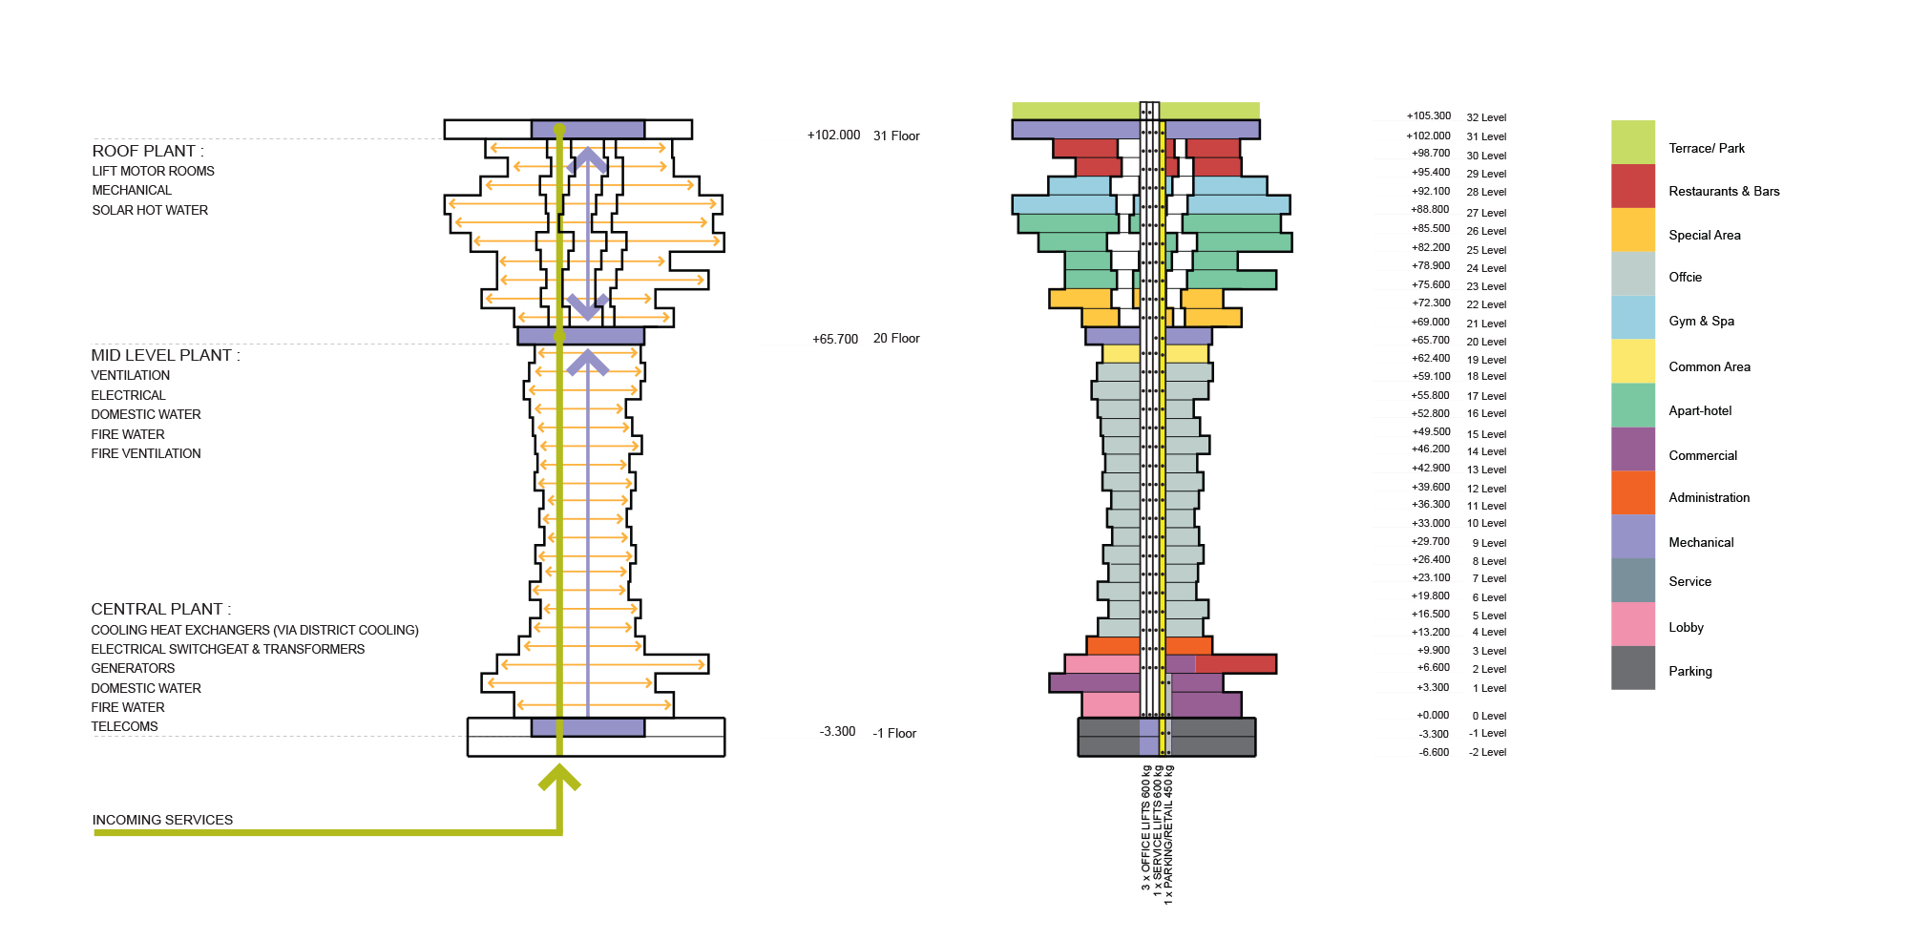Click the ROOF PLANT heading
[x=148, y=151]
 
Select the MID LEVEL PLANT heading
[x=165, y=355]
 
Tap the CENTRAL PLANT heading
[x=160, y=609]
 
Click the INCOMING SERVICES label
[x=162, y=820]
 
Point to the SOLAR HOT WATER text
[x=150, y=210]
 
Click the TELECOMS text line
[x=124, y=726]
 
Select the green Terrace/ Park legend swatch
[x=1633, y=142]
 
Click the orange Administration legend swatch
[x=1633, y=493]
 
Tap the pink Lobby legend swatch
[x=1633, y=624]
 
